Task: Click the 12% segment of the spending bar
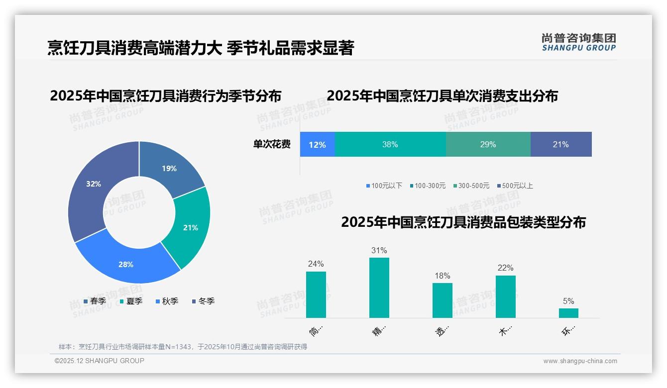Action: pos(317,144)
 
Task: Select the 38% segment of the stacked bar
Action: pos(390,144)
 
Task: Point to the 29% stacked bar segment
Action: pos(488,144)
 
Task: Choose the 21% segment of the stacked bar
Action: pos(561,144)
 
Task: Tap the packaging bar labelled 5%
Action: pos(568,313)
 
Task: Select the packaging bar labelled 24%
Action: pos(316,294)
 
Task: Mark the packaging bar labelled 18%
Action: pos(442,300)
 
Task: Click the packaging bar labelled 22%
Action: pos(505,296)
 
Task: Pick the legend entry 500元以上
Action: pos(517,186)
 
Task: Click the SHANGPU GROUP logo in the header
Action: pos(578,42)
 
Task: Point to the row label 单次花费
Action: pos(272,144)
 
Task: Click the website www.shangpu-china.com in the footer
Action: pos(580,361)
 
